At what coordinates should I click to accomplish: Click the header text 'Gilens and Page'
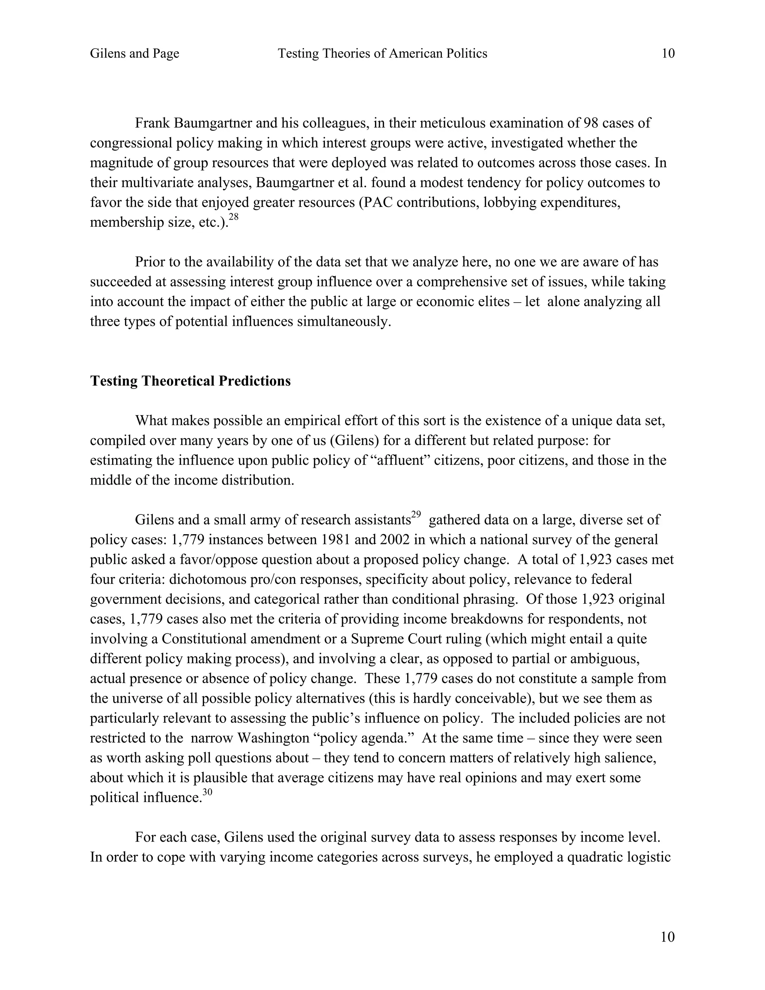pos(134,53)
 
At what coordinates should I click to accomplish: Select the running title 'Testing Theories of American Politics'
pos(382,53)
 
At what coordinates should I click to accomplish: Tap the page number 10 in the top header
pos(668,53)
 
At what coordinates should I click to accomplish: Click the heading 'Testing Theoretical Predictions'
pos(191,381)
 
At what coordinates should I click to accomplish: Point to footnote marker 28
pos(233,217)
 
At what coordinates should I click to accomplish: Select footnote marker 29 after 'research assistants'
pos(416,514)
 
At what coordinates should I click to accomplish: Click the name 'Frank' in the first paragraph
pos(153,123)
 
